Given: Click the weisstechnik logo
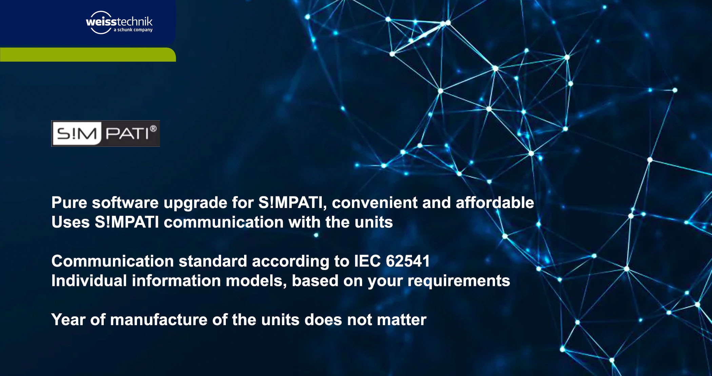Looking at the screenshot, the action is tap(119, 22).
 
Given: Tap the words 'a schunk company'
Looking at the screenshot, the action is tap(133, 30).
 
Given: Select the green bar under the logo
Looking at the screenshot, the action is tap(88, 55).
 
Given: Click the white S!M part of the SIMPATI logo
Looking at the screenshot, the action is tap(77, 133).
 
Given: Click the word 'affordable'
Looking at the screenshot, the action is tap(495, 203).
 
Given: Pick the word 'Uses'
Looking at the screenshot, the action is tap(71, 223).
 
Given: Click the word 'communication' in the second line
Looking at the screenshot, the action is tap(223, 223).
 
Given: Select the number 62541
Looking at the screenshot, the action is tap(408, 262).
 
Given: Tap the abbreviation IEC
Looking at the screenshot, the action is tap(368, 262).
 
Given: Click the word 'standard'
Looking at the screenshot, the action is tap(213, 262).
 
